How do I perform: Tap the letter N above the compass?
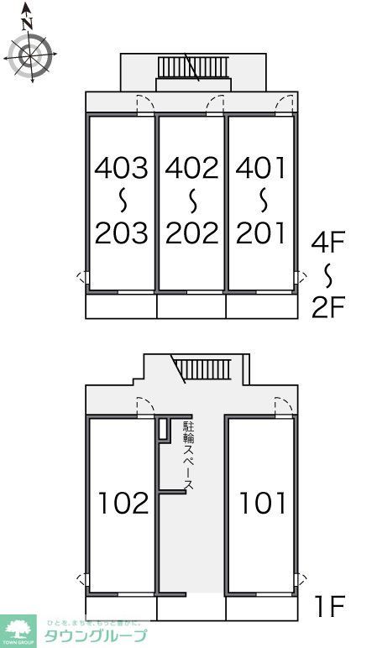pyautogui.click(x=28, y=23)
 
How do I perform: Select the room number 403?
pyautogui.click(x=121, y=168)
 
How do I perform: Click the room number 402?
pyautogui.click(x=191, y=168)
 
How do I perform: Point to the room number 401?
pyautogui.click(x=261, y=168)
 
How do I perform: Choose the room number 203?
pyautogui.click(x=121, y=233)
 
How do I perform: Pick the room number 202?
pyautogui.click(x=191, y=233)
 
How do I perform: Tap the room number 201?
pyautogui.click(x=261, y=233)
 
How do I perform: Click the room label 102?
pyautogui.click(x=123, y=503)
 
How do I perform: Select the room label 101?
pyautogui.click(x=263, y=503)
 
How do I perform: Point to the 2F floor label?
pyautogui.click(x=328, y=308)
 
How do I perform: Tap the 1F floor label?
pyautogui.click(x=328, y=604)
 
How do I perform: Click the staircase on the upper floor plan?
pyautogui.click(x=193, y=66)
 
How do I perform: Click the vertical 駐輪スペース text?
pyautogui.click(x=189, y=457)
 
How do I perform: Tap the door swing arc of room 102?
pyautogui.click(x=145, y=405)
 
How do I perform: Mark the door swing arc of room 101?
pyautogui.click(x=284, y=405)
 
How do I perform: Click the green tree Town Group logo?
pyautogui.click(x=18, y=629)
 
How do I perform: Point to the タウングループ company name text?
pyautogui.click(x=97, y=635)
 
